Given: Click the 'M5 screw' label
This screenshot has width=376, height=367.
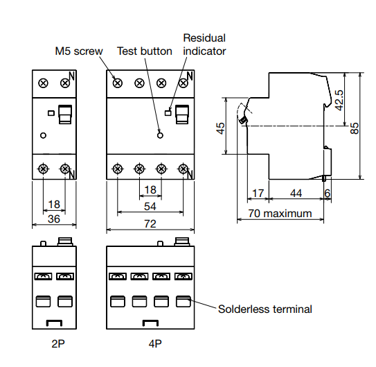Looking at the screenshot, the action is (79, 51).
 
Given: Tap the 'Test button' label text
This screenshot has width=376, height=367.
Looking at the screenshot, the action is (144, 51).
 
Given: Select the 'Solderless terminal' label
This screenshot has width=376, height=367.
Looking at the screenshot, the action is (265, 309).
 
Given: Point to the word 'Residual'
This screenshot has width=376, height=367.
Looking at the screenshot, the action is (204, 38).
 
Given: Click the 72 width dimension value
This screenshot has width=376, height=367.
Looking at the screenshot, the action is (150, 224).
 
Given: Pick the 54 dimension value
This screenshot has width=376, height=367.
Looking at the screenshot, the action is (150, 206).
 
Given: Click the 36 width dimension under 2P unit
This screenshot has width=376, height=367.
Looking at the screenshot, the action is (54, 219).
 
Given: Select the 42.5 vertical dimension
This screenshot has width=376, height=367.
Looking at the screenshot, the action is (339, 100).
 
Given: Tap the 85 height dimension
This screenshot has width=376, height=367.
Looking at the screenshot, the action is (355, 128).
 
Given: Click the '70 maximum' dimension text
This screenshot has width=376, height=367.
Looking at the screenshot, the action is (280, 213).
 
